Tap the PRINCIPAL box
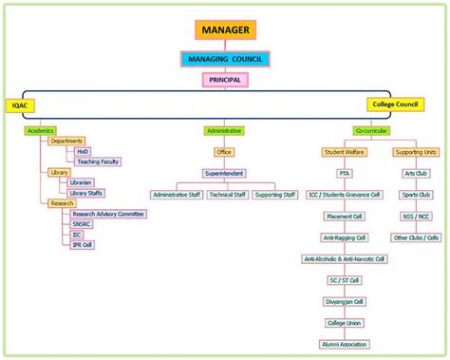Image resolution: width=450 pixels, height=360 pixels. [224, 81]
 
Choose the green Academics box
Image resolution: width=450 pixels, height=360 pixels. [41, 130]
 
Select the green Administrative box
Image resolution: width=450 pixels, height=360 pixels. [224, 130]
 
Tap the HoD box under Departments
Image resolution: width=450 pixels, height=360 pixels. [84, 151]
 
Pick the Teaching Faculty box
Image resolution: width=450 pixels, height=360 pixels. [99, 161]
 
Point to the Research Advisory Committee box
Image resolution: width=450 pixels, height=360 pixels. [108, 215]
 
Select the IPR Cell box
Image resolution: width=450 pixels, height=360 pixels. [83, 244]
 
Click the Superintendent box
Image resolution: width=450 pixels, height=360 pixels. [224, 174]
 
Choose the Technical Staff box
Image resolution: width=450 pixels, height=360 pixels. [228, 195]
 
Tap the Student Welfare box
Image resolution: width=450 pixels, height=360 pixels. [344, 151]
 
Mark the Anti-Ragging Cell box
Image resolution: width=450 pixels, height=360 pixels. [344, 237]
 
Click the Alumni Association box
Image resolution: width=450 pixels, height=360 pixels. [344, 344]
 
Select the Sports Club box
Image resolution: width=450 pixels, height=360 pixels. [416, 195]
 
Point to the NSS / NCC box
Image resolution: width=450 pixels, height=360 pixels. [416, 217]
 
